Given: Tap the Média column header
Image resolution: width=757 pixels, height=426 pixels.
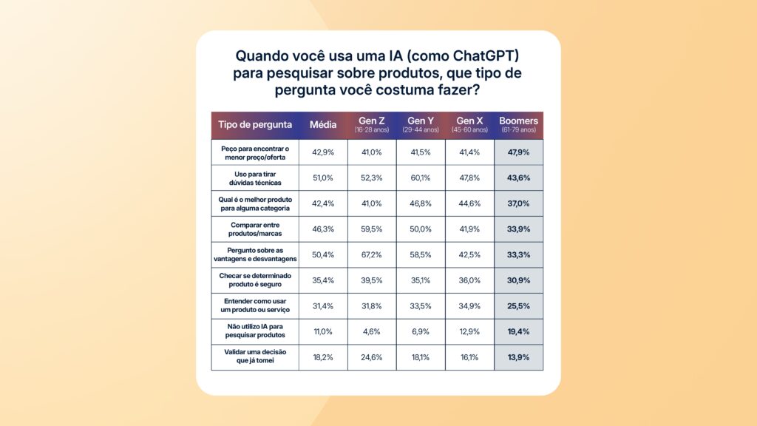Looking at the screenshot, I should (x=323, y=124).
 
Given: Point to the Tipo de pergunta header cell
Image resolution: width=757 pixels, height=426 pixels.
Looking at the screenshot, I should (x=255, y=124).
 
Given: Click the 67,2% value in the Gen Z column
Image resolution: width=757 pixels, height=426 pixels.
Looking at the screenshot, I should (x=371, y=255).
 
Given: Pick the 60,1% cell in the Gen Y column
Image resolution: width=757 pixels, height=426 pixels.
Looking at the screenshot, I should (x=420, y=177).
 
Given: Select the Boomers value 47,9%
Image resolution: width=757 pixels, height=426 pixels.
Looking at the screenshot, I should (x=518, y=152).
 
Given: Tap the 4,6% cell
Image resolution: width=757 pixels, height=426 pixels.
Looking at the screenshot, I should (x=371, y=331).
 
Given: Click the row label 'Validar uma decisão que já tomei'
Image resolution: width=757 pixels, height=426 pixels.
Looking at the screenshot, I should (x=255, y=356).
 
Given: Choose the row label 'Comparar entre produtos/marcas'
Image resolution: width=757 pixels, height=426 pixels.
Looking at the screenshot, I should (x=255, y=229).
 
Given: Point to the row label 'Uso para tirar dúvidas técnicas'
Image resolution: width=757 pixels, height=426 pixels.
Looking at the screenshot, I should (x=255, y=177).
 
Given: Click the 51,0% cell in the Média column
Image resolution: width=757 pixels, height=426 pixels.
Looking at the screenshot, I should (x=323, y=177).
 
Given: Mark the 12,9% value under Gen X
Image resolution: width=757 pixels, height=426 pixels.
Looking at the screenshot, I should (x=469, y=331).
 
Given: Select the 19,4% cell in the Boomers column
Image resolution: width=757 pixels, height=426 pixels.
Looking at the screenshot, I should (x=518, y=331).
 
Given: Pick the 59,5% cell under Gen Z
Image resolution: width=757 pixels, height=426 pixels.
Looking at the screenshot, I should (x=371, y=229).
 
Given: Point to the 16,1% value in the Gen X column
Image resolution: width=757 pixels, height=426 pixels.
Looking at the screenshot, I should (x=469, y=356).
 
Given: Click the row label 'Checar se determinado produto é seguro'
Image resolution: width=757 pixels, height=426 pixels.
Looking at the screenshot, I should (x=255, y=280).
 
